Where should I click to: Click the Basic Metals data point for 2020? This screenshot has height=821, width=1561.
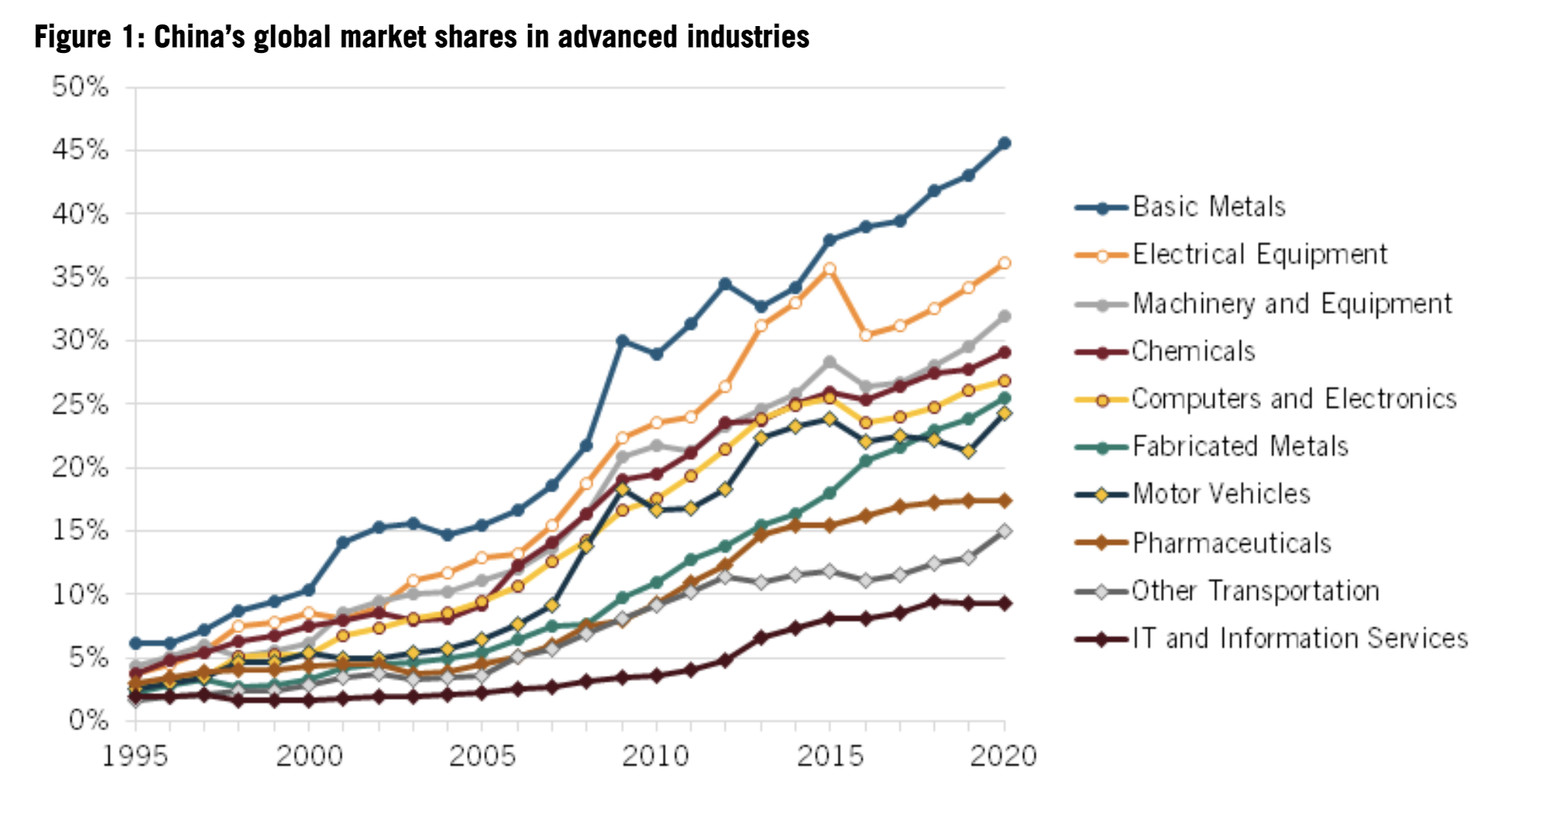[1004, 143]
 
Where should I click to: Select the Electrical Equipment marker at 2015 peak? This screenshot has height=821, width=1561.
[830, 269]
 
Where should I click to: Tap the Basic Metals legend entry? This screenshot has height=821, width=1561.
[1209, 206]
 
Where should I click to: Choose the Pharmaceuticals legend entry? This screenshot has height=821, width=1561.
[1231, 543]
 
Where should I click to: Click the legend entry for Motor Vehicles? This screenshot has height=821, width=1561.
[1221, 494]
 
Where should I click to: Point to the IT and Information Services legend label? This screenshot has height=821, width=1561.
[1300, 638]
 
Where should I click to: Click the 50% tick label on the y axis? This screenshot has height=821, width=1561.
[80, 87]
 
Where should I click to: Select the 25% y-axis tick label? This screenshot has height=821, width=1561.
[80, 405]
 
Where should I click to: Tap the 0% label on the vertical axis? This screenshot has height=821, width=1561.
[88, 720]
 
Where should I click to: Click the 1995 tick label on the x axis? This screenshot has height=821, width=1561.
[135, 756]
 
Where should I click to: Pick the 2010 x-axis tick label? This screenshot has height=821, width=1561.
[655, 756]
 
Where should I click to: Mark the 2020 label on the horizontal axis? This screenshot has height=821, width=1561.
[1003, 756]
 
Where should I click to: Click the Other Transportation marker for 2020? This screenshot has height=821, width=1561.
[1004, 531]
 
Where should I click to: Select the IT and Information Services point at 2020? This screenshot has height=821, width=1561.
[1004, 603]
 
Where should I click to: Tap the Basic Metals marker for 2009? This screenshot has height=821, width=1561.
[622, 341]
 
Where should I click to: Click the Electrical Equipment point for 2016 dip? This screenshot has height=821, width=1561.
[865, 335]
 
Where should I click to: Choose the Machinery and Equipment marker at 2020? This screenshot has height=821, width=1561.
[1004, 317]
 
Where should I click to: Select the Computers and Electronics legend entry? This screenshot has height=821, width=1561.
[1293, 399]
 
